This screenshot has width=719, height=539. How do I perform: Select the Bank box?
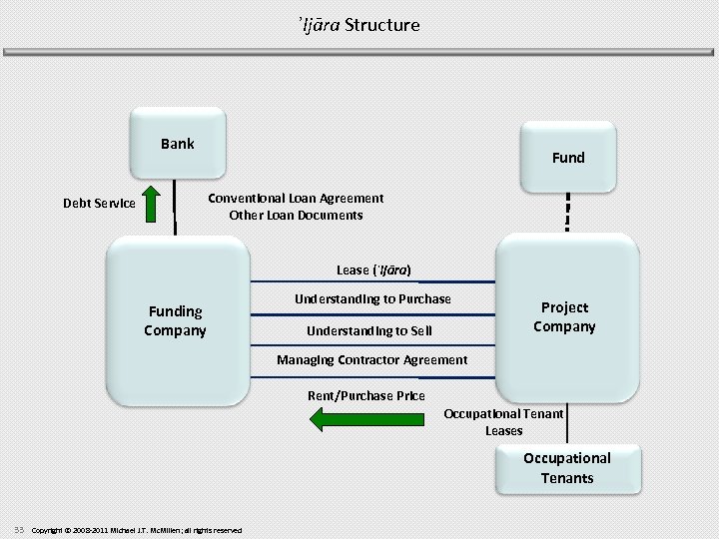177,145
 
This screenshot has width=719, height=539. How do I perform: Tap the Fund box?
567,158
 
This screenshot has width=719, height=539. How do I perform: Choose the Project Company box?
566,317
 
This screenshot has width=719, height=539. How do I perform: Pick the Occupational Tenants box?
566,468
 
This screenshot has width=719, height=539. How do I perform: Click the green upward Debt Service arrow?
150,204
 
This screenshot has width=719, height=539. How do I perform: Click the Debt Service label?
99,204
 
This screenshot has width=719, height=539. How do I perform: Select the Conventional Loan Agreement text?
296,198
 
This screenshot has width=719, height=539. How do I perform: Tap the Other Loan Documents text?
296,215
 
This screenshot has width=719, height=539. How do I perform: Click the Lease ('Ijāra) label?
373,270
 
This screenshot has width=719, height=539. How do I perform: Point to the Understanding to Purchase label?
372,299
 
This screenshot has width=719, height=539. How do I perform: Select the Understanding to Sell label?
369,330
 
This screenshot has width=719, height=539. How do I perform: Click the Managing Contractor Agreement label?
371,360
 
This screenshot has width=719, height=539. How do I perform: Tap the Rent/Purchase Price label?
365,396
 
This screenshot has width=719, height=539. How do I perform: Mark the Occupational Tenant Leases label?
503,422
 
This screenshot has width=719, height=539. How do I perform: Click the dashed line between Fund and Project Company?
567,212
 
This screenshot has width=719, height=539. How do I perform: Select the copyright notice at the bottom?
137,530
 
